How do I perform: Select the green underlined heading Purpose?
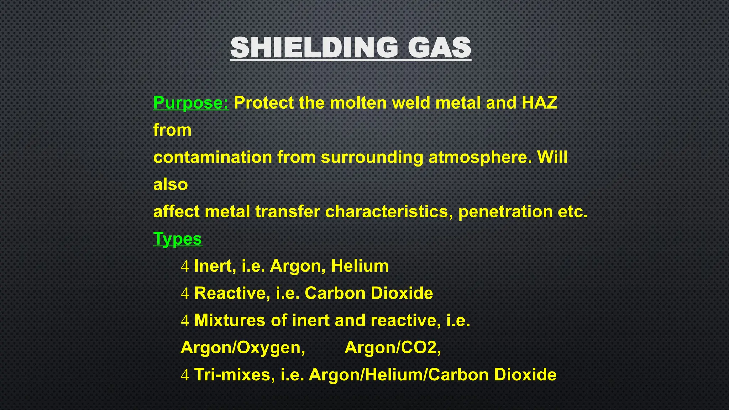click(191, 103)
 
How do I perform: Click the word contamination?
click(213, 157)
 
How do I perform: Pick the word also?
click(170, 184)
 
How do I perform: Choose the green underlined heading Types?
click(177, 239)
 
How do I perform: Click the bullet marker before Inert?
click(185, 266)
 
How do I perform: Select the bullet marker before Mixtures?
click(185, 321)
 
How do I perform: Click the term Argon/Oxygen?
click(243, 348)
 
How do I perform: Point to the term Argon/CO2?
click(392, 348)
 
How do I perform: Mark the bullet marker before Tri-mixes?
click(185, 375)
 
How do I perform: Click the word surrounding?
click(372, 157)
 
